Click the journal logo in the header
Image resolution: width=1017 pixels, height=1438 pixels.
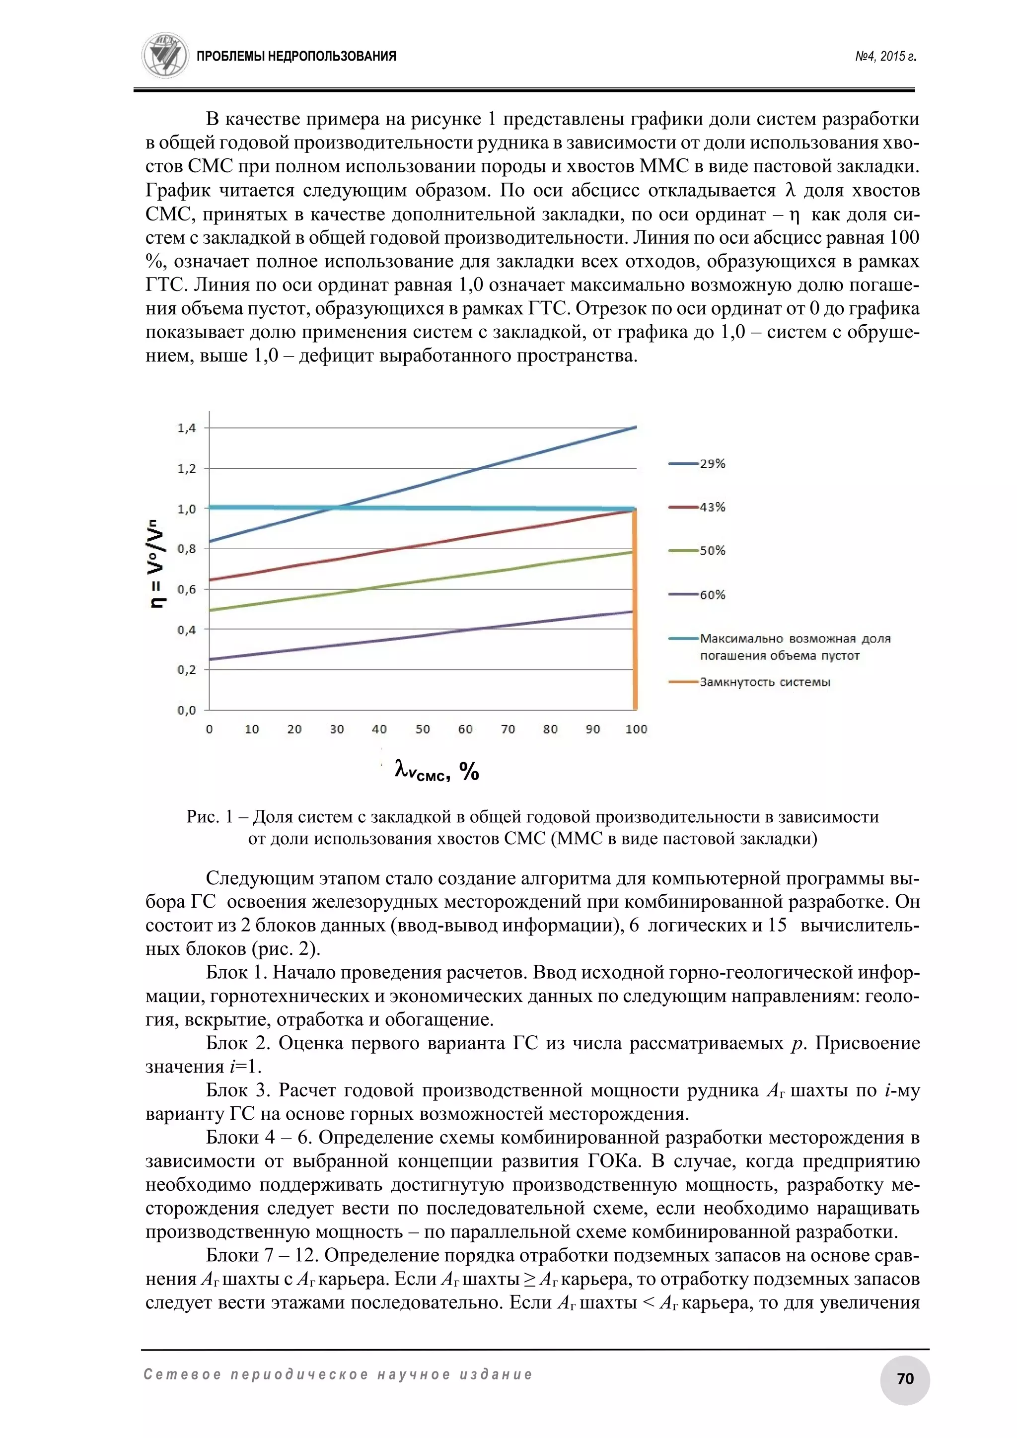coord(165,56)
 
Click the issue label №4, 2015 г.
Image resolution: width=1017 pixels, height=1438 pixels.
coord(885,57)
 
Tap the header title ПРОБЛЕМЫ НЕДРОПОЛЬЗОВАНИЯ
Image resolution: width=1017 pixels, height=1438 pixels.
coord(296,57)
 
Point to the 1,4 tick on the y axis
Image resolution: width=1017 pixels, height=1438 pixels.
coord(187,429)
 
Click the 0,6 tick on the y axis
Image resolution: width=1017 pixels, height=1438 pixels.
coord(187,589)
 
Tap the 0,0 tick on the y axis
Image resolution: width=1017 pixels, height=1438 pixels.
coord(187,710)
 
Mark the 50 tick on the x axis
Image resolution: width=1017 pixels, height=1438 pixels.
coord(423,729)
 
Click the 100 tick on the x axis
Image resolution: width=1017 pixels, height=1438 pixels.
coord(636,729)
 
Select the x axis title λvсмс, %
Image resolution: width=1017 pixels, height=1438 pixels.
coord(436,771)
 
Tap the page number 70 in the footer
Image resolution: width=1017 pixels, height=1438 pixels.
coord(905,1378)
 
